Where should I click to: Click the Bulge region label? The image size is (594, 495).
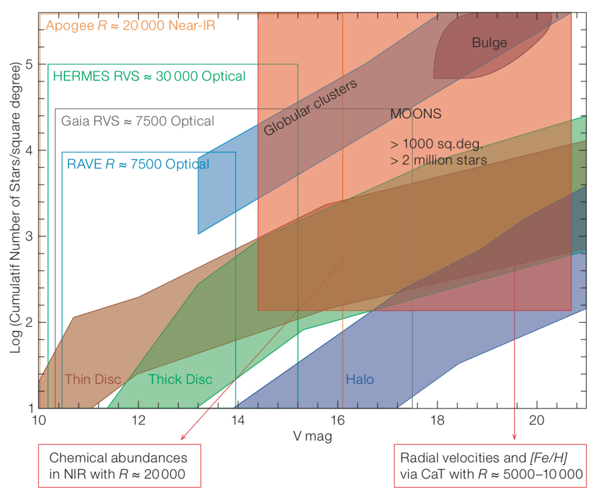point(490,42)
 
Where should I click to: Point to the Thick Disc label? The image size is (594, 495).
point(180,379)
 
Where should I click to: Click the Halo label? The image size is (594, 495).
point(360,379)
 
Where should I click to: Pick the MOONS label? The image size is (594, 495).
point(416,114)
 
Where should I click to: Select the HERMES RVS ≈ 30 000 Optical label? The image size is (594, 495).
point(149,76)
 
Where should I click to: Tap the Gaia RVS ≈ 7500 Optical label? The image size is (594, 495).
point(138,121)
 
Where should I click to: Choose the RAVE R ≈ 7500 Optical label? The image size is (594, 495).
point(138,163)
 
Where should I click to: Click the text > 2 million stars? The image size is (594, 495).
point(438,161)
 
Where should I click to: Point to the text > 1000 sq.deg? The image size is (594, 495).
point(436,145)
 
